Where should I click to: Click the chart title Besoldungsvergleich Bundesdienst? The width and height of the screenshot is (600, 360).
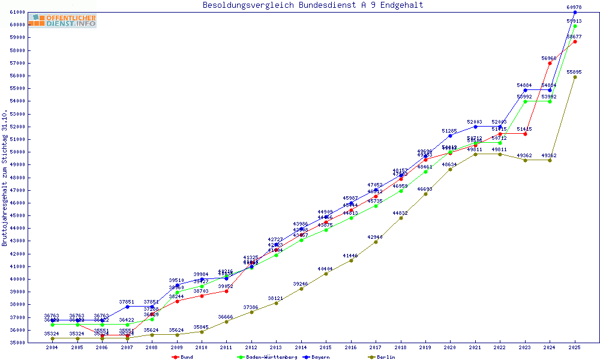[x=313, y=5]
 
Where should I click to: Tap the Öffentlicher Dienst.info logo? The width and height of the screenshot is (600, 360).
[x=62, y=20]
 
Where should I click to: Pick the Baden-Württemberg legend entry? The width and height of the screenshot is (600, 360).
[x=267, y=357]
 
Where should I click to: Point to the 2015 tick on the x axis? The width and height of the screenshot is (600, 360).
[x=326, y=347]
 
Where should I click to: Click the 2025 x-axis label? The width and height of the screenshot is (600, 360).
[x=575, y=347]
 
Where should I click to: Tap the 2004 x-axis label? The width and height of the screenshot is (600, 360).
[x=52, y=347]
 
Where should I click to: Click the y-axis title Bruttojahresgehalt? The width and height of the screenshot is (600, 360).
[x=5, y=178]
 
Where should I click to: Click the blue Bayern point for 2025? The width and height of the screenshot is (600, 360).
[x=575, y=12]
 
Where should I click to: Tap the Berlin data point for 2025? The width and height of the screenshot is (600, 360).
[x=575, y=77]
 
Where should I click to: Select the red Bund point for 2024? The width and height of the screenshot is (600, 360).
[x=550, y=63]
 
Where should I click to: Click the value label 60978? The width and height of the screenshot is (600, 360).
[x=575, y=7]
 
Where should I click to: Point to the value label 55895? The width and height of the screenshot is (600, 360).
[x=575, y=72]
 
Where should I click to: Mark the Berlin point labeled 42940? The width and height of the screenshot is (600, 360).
[x=376, y=242]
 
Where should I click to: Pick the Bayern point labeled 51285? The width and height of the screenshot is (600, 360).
[x=450, y=136]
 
